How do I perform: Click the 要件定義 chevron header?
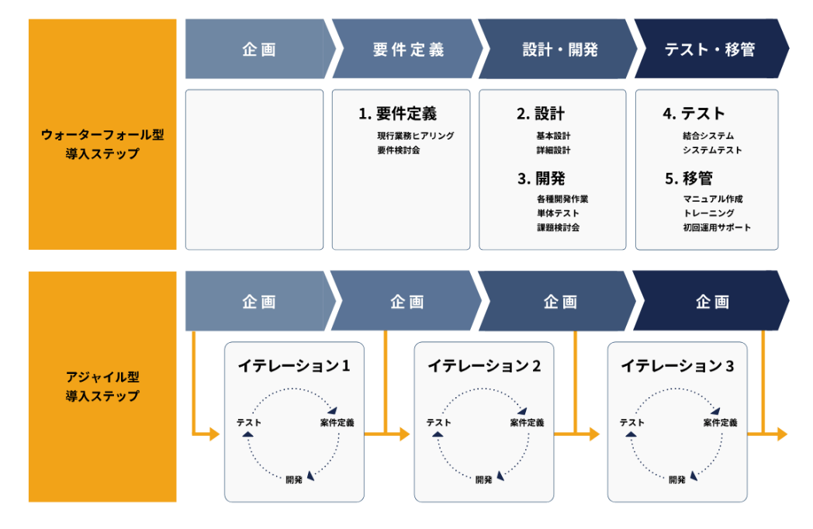pos(408,49)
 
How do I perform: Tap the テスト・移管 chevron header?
pos(711,49)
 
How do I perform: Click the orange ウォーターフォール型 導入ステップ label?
pos(102,134)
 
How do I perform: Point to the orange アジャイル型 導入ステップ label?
pos(102,386)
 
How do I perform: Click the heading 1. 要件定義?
pos(398,113)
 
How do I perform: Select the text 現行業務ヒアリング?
pos(416,136)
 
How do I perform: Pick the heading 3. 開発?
pos(541,178)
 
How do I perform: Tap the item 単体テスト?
pos(558,213)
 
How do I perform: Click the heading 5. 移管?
pos(689,178)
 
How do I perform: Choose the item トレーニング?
pos(709,213)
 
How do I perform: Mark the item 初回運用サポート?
pos(717,228)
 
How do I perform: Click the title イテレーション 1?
pos(294,366)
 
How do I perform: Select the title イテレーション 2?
pos(484,366)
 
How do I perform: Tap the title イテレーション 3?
pos(677,366)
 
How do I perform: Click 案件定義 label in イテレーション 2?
pos(527,423)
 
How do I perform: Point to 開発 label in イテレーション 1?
pos(294,479)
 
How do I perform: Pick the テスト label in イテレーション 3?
pos(632,423)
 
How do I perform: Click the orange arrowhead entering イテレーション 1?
pos(215,434)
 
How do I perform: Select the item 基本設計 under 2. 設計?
pos(553,136)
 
